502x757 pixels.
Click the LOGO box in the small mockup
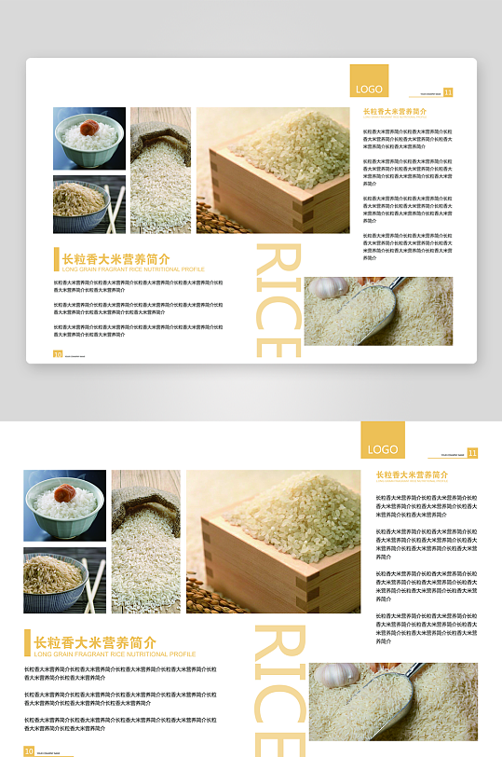pos(369,81)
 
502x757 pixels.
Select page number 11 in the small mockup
pos(448,92)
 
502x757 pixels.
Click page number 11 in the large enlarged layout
pos(472,453)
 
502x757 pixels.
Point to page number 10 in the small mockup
pos(58,354)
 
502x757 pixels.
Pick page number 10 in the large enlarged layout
pos(29,750)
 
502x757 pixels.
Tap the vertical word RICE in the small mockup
pos(278,300)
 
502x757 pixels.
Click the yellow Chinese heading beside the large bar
pos(95,642)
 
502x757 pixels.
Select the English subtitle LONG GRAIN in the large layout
pos(115,654)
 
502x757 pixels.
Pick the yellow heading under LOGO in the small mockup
pos(395,112)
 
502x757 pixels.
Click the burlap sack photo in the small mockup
pos(160,170)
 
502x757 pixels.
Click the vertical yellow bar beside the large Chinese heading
pos(26,643)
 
